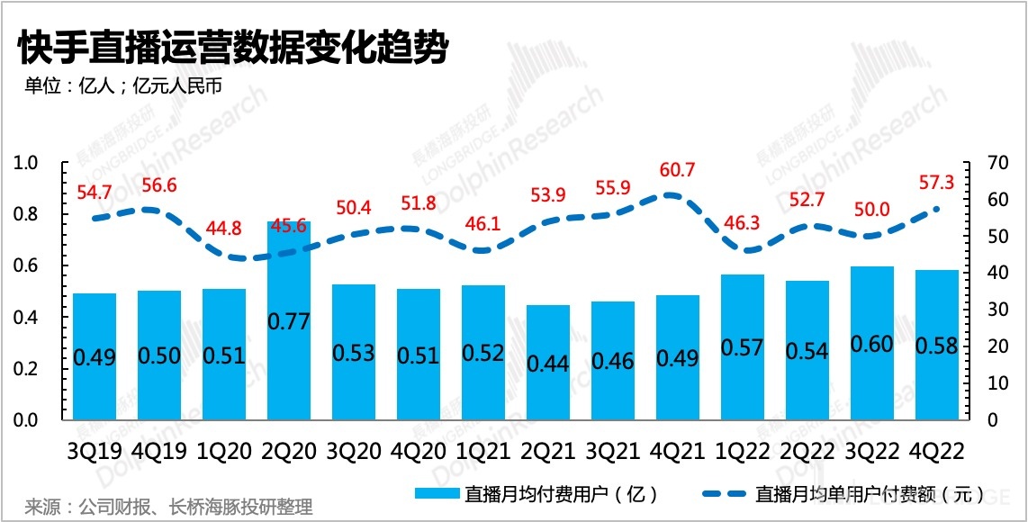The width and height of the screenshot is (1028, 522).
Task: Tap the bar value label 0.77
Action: coord(289,319)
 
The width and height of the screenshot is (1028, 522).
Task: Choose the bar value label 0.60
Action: coord(871,344)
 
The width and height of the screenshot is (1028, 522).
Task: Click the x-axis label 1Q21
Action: coord(482,449)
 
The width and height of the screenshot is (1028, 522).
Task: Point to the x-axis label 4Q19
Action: coord(159,449)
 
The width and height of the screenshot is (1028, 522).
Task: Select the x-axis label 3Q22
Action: coord(871,449)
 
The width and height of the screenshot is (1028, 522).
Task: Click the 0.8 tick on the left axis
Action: coord(27,214)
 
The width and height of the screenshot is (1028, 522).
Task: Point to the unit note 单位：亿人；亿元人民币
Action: coord(122,87)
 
